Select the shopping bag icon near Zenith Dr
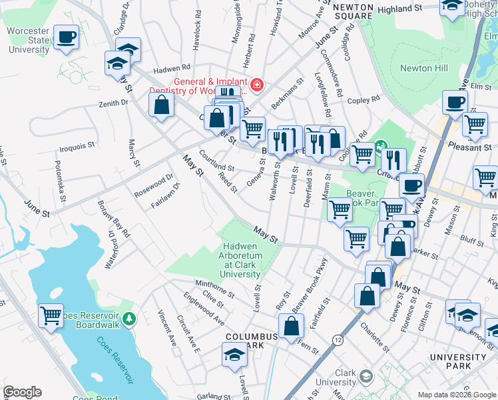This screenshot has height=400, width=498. (161, 105)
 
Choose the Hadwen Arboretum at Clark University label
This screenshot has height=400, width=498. (241, 260)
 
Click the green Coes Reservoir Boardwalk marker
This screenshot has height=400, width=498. (132, 317)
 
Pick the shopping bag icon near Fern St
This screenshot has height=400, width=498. (292, 327)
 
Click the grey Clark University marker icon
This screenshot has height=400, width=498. (366, 377)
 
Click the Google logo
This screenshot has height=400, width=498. (23, 392)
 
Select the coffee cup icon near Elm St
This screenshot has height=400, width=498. (455, 103)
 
